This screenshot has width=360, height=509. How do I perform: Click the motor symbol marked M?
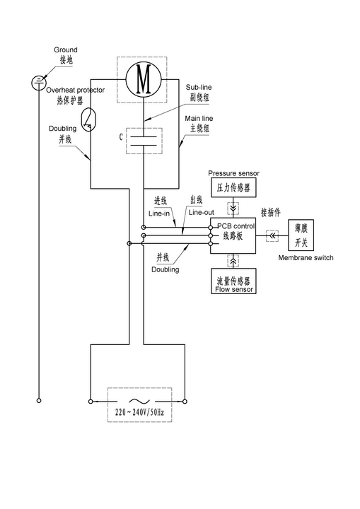click(x=144, y=79)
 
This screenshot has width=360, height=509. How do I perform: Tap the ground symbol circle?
click(x=39, y=83)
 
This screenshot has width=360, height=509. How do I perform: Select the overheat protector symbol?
click(x=88, y=119)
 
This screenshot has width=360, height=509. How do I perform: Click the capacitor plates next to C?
click(x=144, y=141)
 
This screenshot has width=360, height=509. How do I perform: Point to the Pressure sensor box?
click(x=233, y=187)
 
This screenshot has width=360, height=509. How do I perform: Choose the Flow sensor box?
click(x=233, y=281)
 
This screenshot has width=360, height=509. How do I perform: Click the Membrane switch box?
click(x=301, y=235)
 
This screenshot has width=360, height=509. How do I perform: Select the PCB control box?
click(x=233, y=235)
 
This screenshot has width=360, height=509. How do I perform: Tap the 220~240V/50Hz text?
click(x=140, y=412)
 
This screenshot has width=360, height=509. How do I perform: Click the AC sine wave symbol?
click(x=140, y=402)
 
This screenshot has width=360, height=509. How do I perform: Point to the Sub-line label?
click(x=199, y=88)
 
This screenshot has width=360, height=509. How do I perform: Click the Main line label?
click(x=199, y=119)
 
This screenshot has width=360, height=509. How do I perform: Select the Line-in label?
click(x=159, y=213)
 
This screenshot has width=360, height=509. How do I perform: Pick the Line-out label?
click(x=202, y=213)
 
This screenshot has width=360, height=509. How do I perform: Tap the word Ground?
click(x=66, y=49)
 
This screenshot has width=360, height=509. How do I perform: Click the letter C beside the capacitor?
click(x=121, y=137)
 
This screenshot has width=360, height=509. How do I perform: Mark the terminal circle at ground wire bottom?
click(x=39, y=401)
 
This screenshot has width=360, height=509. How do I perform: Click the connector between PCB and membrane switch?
click(x=272, y=235)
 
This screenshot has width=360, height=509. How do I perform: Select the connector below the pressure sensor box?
click(x=233, y=208)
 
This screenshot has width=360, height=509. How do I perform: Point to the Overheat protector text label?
click(x=76, y=90)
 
